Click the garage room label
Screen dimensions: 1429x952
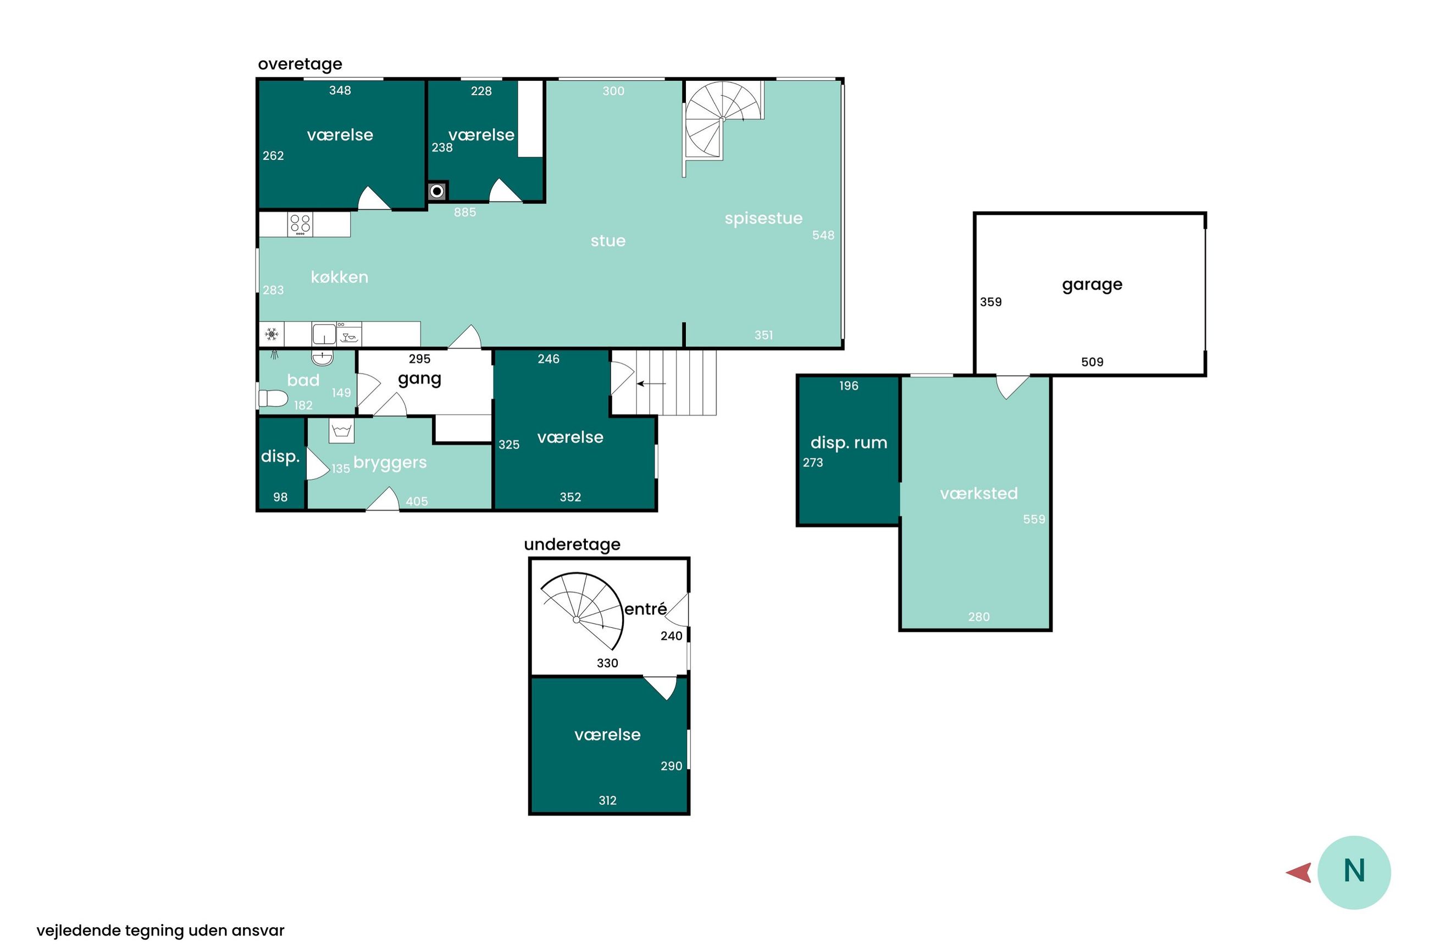pyautogui.click(x=1092, y=285)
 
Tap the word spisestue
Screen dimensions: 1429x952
pyautogui.click(x=763, y=219)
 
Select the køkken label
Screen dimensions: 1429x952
pyautogui.click(x=339, y=277)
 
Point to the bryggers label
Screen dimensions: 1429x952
pyautogui.click(x=390, y=463)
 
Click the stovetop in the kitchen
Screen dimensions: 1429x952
pyautogui.click(x=300, y=224)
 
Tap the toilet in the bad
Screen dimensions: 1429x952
pyautogui.click(x=273, y=398)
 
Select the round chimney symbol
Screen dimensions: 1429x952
pyautogui.click(x=436, y=191)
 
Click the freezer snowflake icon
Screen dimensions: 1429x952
pyautogui.click(x=272, y=334)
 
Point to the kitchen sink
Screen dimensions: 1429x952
pyautogui.click(x=324, y=334)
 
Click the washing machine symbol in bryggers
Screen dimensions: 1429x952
pyautogui.click(x=341, y=431)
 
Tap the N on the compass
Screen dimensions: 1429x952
pyautogui.click(x=1354, y=871)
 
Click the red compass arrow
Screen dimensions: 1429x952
pyautogui.click(x=1299, y=873)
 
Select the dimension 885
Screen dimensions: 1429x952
pyautogui.click(x=464, y=213)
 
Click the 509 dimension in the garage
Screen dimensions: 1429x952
pyautogui.click(x=1092, y=363)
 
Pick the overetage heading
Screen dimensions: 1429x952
pyautogui.click(x=300, y=64)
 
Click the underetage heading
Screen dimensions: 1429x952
pyautogui.click(x=572, y=544)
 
